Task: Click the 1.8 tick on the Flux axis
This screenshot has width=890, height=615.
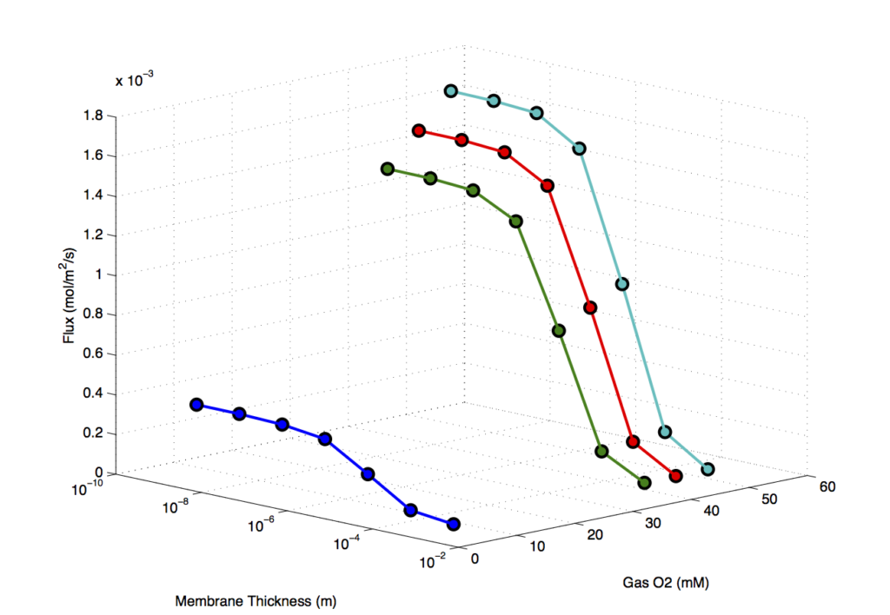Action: point(93,116)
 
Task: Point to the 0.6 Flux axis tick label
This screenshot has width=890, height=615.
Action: point(93,354)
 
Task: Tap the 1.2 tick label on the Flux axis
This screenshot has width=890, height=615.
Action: point(93,235)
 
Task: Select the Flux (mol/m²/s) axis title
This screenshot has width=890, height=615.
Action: point(70,295)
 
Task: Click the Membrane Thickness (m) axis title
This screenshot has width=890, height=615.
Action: point(256,601)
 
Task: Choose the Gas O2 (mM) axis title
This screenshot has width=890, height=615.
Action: point(666,583)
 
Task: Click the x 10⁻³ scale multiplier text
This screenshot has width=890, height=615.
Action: point(134,79)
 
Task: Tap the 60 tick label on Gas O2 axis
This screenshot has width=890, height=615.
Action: point(827,486)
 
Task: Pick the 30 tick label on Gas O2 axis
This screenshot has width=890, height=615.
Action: point(653,523)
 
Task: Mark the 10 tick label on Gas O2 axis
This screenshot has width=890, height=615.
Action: point(537,546)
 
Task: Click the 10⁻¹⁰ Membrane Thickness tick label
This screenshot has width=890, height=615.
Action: point(88,487)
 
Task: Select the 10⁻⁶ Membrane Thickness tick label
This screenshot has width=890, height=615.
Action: point(262,525)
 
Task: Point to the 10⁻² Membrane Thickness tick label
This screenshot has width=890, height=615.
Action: point(432,561)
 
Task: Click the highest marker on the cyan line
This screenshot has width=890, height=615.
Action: point(451,91)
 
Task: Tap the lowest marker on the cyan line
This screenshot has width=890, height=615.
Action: point(707,469)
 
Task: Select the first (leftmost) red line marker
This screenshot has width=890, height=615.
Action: point(419,131)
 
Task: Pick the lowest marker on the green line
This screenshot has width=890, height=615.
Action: point(644,483)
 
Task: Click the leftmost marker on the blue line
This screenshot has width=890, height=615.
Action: point(196,405)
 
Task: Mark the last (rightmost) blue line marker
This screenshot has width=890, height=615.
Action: point(453,524)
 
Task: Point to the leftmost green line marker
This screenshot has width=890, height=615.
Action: point(388,169)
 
